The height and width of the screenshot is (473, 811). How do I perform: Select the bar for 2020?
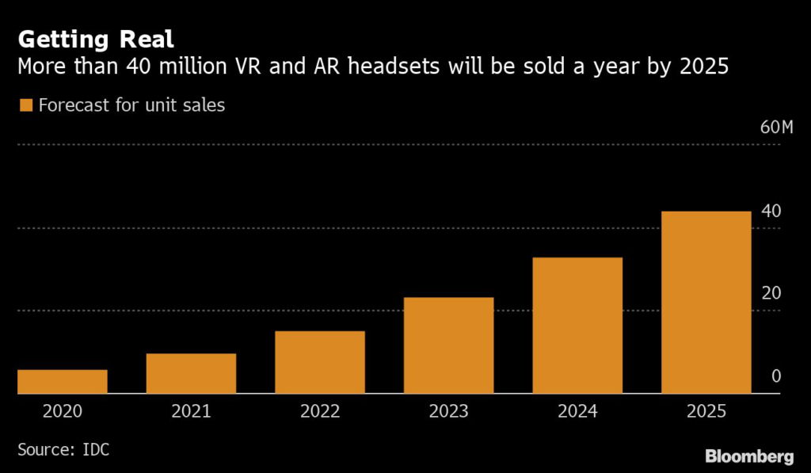[63, 381]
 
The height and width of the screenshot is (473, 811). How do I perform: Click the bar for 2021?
[192, 373]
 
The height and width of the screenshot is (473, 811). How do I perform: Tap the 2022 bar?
[320, 362]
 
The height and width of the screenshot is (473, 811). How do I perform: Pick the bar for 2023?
[449, 345]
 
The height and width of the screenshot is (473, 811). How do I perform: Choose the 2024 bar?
[577, 326]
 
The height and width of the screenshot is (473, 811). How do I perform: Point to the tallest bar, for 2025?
[706, 302]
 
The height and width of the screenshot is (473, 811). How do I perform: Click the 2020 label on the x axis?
[63, 411]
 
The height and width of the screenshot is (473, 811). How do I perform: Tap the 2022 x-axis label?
[320, 411]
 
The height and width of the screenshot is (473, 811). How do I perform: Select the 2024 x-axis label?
[577, 411]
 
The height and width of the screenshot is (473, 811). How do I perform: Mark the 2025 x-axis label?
[706, 411]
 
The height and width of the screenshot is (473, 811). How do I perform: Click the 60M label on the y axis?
[776, 128]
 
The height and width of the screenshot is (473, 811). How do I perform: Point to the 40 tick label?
[771, 211]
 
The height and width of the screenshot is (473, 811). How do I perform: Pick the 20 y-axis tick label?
[771, 293]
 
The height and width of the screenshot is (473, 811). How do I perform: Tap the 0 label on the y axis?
[776, 376]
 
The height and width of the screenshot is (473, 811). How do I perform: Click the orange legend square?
[26, 105]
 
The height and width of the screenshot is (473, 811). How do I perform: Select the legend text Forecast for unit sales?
[132, 105]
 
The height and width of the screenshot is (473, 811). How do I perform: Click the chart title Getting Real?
[96, 40]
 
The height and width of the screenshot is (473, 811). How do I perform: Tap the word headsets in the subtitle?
[394, 67]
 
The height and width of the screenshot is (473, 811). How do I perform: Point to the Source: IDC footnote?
[63, 449]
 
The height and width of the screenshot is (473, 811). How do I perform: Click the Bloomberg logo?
[749, 456]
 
